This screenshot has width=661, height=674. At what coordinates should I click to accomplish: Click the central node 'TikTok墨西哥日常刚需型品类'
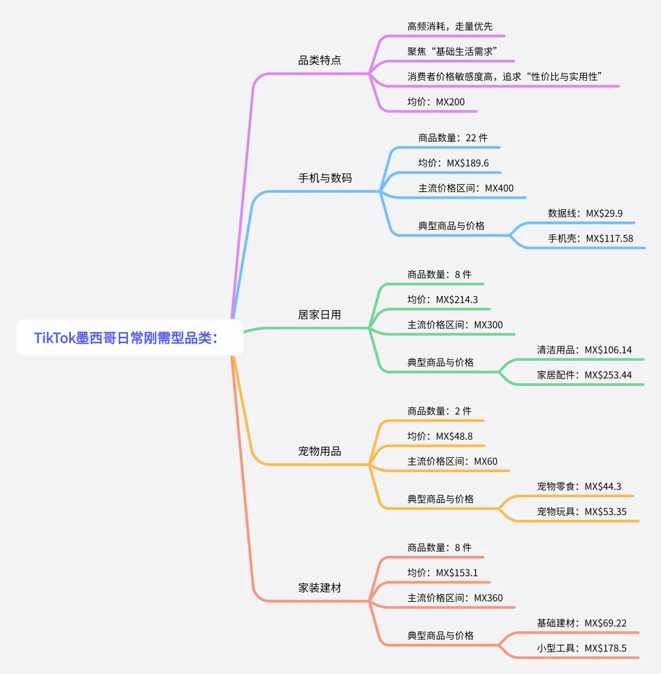[x=130, y=338]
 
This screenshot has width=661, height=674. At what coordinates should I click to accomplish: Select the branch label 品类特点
[x=319, y=60]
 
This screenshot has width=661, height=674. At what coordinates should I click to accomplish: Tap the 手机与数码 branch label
[x=325, y=178]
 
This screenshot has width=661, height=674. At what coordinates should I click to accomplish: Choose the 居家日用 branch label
[x=319, y=314]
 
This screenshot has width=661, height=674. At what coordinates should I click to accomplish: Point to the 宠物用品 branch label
[x=319, y=451]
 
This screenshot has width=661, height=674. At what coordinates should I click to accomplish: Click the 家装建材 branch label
[x=319, y=588]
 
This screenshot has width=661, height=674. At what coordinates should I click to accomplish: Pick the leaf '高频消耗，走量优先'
[x=450, y=27]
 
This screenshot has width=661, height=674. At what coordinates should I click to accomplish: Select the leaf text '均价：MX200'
[x=436, y=102]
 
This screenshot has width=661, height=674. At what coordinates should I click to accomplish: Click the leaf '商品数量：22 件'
[x=453, y=138]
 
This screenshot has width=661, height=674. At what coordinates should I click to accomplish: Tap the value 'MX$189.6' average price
[x=468, y=163]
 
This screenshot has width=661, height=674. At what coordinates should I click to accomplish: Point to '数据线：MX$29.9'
[x=585, y=213]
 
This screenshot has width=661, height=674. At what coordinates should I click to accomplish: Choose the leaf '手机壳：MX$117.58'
[x=591, y=239]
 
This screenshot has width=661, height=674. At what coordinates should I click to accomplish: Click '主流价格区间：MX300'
[x=455, y=325]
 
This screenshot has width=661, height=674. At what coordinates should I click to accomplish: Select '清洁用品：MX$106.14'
[x=584, y=350]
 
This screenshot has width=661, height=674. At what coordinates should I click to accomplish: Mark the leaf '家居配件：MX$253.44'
[x=584, y=376]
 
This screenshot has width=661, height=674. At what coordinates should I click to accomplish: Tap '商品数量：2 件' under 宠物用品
[x=439, y=411]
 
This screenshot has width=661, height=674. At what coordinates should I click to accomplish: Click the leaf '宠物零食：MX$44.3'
[x=579, y=487]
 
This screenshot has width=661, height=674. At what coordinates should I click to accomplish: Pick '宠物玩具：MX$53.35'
[x=582, y=511]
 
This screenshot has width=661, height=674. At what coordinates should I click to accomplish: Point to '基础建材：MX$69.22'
[x=582, y=623]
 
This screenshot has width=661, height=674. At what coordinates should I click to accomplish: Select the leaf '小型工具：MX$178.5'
[x=582, y=648]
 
